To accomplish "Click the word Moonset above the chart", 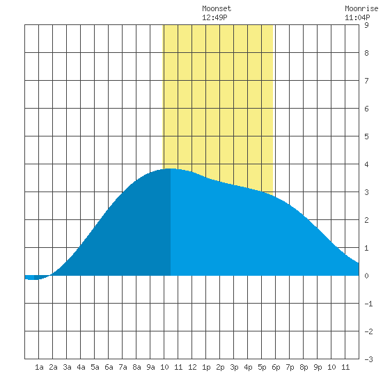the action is point(217,8).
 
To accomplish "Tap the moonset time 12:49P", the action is point(214,17).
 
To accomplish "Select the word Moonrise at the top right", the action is point(361,8).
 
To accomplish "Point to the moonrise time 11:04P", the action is point(357,17).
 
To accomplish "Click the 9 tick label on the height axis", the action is point(366,25).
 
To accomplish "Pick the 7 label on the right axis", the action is point(366,81).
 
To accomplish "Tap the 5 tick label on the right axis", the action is point(366,136).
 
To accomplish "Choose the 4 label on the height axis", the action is point(366,164).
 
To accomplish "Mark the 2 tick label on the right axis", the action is point(366,220).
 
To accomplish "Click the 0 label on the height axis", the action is point(366,276).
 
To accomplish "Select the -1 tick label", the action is point(368,304).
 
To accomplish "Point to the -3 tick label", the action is point(368,359).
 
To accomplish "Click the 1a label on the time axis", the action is point(39,367).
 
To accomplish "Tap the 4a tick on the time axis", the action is point(81,367).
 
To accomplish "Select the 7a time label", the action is point(123,367).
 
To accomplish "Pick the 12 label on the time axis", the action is point(192,367).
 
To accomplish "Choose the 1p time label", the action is point(206,367).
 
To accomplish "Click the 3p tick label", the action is point(234,367).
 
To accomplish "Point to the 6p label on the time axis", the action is point(276,367).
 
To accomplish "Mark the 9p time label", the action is point(318,367).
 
